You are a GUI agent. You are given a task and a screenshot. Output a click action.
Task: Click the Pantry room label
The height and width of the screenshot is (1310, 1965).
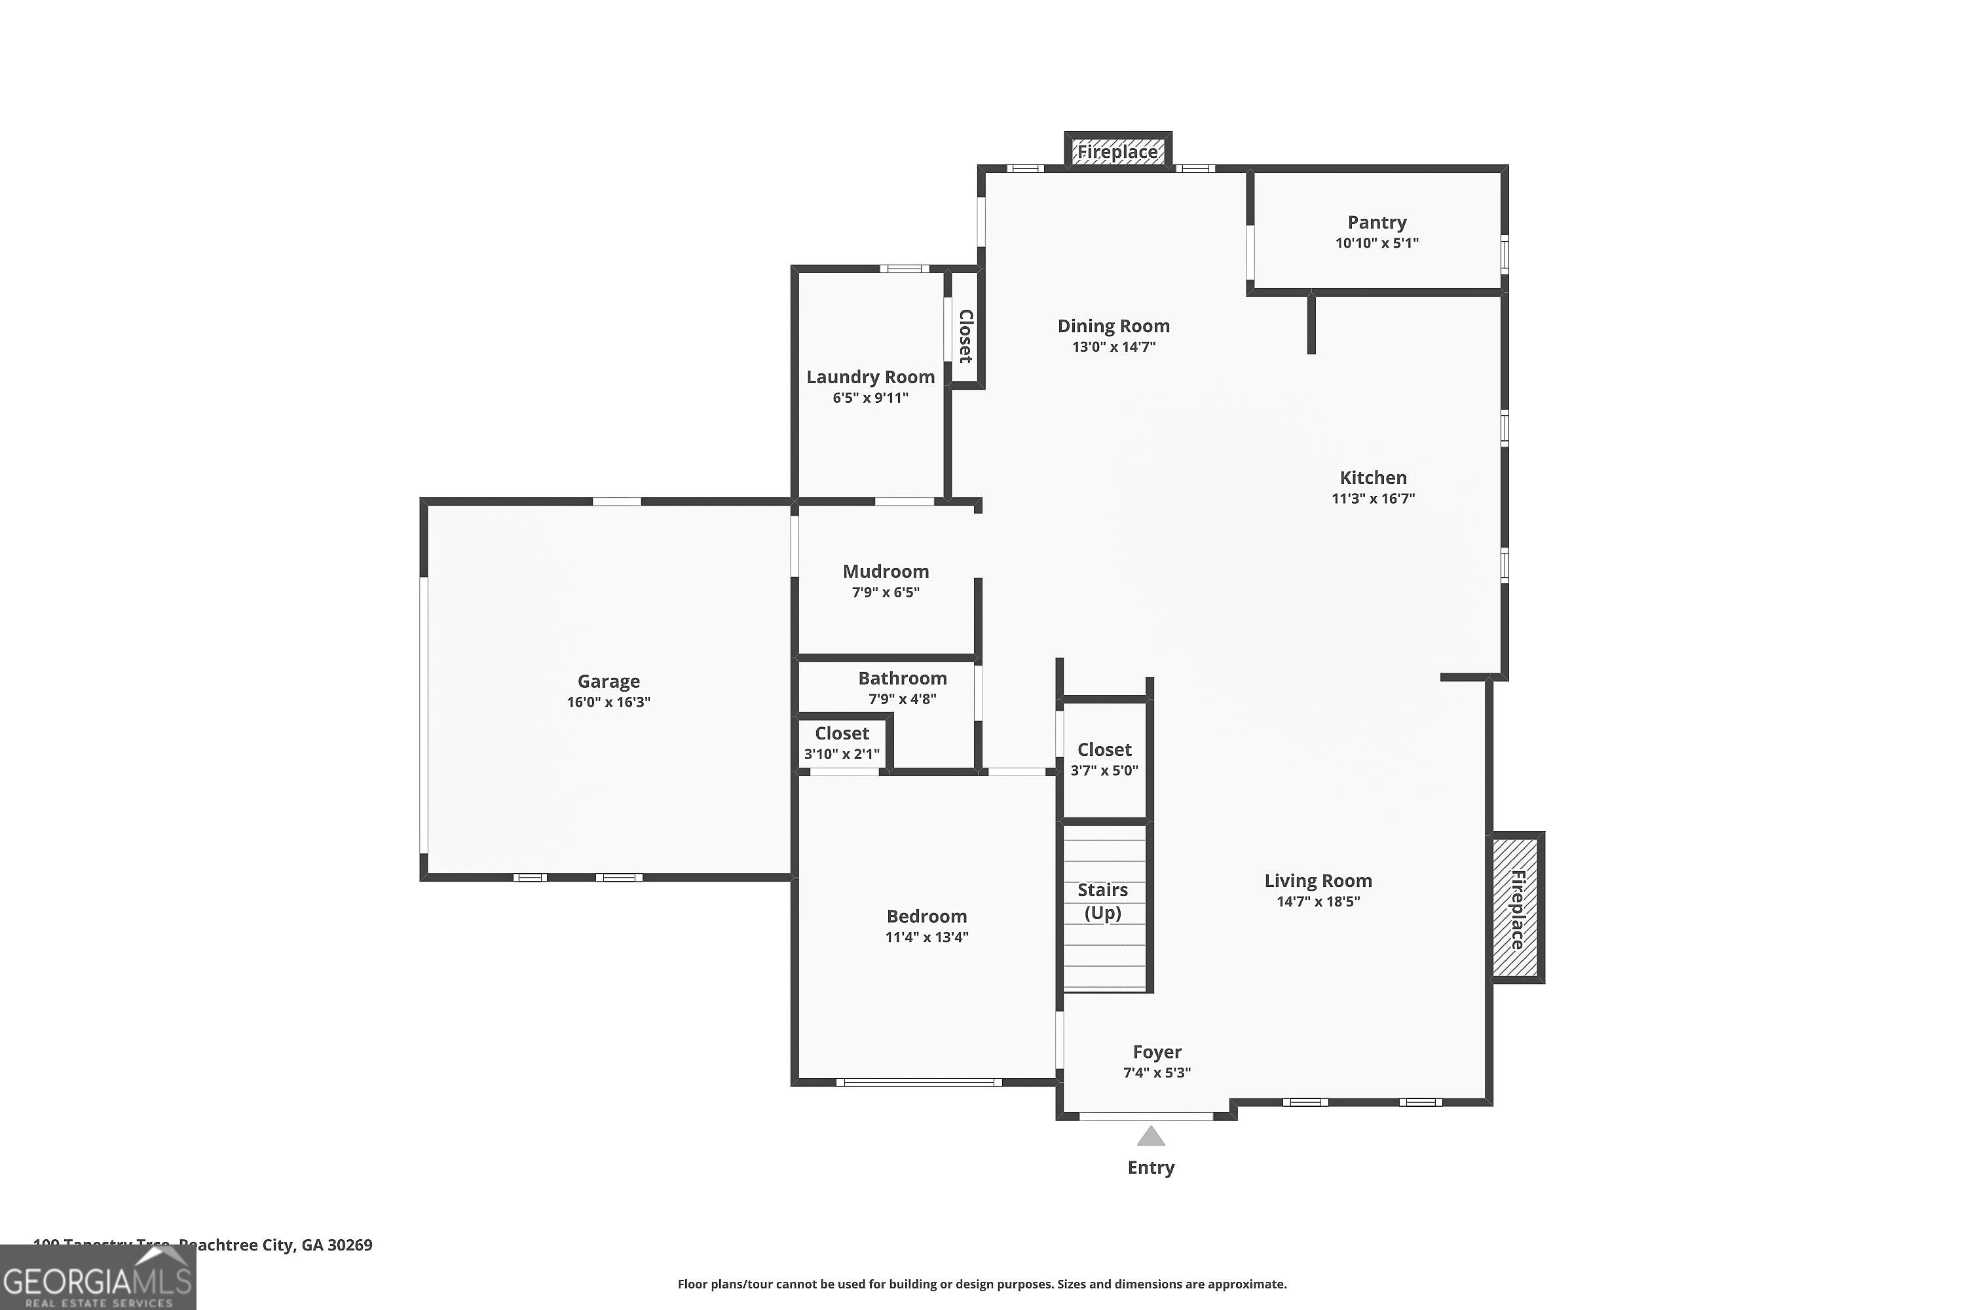coord(1376,222)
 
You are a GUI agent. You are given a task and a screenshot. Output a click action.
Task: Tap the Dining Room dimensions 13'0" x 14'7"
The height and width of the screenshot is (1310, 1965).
coord(1113,346)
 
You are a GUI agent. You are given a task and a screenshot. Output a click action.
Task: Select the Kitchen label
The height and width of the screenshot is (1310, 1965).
coord(1373,478)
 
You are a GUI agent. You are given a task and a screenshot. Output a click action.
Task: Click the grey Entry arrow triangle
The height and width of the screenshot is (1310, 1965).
coord(1150,1136)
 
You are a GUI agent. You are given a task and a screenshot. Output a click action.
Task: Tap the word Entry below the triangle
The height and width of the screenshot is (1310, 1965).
coord(1150,1167)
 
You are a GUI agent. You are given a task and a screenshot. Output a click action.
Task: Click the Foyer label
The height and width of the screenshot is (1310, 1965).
coord(1156,1052)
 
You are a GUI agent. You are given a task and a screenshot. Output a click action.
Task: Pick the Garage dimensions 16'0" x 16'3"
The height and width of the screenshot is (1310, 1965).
coord(608,702)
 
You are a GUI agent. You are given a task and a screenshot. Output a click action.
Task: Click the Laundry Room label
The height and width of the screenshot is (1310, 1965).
coord(870,377)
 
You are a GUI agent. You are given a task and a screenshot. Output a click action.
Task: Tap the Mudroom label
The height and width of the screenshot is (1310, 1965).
coord(885,571)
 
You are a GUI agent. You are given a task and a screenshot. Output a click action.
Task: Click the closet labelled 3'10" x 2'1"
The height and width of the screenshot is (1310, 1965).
coord(841,743)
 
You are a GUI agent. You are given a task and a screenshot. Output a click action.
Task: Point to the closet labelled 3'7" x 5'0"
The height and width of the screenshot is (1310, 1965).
coord(1104,758)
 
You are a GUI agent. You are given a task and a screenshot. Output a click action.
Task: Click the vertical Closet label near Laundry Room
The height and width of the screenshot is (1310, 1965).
coord(965,336)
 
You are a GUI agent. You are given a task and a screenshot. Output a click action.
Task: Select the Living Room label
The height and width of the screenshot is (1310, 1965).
coord(1317,880)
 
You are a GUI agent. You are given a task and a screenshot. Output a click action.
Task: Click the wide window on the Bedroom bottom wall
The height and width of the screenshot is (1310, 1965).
coord(918,1083)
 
